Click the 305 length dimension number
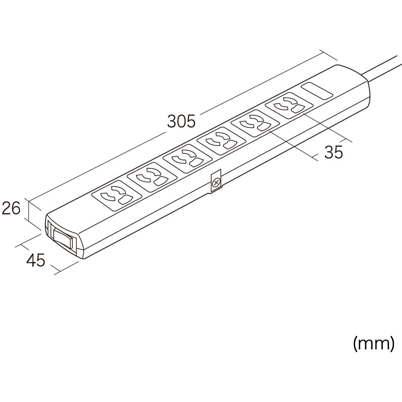pyautogui.click(x=181, y=121)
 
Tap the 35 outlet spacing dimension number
pyautogui.click(x=333, y=152)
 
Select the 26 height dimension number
pyautogui.click(x=11, y=208)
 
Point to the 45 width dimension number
pyautogui.click(x=36, y=260)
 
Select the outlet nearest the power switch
pyautogui.click(x=117, y=195)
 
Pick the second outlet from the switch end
pyautogui.click(x=152, y=178)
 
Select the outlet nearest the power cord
pyautogui.click(x=289, y=106)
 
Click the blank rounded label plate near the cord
pyautogui.click(x=317, y=91)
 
